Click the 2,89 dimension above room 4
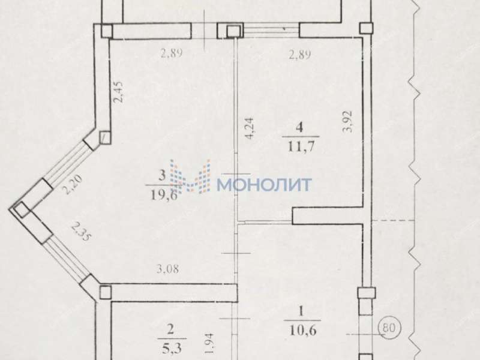299,55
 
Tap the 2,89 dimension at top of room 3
171,53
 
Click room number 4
299,127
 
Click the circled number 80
389,329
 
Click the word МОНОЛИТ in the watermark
264,184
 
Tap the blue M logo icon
190,177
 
